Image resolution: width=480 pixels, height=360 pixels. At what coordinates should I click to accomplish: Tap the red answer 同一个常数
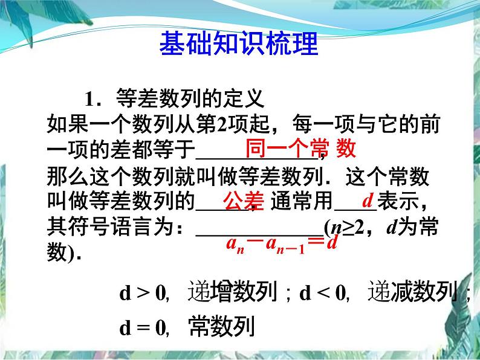[300, 149]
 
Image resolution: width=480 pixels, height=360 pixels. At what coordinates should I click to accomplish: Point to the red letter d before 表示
[367, 200]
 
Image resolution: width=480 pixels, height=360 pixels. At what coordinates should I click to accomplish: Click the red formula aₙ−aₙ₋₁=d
[281, 243]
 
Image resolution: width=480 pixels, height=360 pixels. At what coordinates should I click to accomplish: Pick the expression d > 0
[143, 294]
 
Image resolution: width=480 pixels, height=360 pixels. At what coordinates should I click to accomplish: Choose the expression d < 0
[323, 294]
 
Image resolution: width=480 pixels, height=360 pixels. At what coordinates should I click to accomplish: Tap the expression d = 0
[143, 328]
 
